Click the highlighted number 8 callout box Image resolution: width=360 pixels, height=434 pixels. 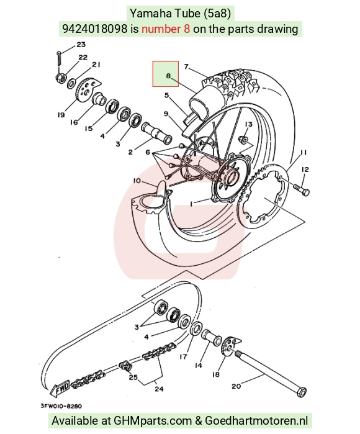tap(166, 74)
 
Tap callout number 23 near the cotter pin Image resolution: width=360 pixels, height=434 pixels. tap(81, 44)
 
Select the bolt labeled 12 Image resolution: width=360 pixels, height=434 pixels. tap(302, 190)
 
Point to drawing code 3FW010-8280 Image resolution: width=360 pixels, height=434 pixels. tap(61, 406)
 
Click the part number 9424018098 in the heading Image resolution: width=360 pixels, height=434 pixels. tap(94, 29)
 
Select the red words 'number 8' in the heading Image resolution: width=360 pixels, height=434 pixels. tap(166, 29)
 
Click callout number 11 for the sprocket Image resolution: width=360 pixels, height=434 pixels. tap(304, 153)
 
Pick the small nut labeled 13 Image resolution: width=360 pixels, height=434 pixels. tap(243, 139)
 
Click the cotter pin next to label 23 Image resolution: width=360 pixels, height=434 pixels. tap(59, 58)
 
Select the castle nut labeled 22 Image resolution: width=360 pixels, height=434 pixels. tap(61, 78)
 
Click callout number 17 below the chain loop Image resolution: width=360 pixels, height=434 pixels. tap(183, 356)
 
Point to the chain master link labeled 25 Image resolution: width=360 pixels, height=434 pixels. tap(125, 367)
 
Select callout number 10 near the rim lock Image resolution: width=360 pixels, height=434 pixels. tap(137, 181)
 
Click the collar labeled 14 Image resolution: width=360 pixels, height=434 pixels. tap(212, 338)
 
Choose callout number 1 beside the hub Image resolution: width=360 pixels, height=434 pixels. tap(191, 204)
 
